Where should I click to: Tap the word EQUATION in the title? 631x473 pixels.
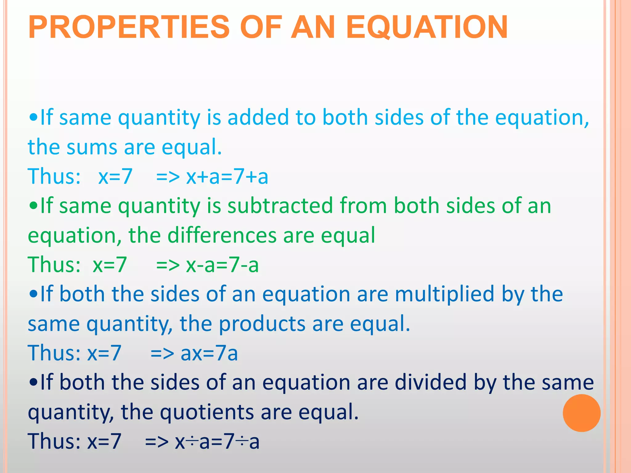pos(427,28)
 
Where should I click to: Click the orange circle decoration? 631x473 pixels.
pos(581,413)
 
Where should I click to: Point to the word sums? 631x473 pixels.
pos(92,147)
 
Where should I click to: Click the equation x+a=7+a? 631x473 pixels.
pos(227,176)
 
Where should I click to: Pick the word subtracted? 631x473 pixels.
pos(280,205)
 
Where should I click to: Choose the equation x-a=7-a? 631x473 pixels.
pos(222,265)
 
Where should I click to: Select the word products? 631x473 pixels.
pos(262,324)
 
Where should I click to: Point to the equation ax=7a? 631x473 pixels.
pos(209,353)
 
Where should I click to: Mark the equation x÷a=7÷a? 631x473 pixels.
pos(217,441)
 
